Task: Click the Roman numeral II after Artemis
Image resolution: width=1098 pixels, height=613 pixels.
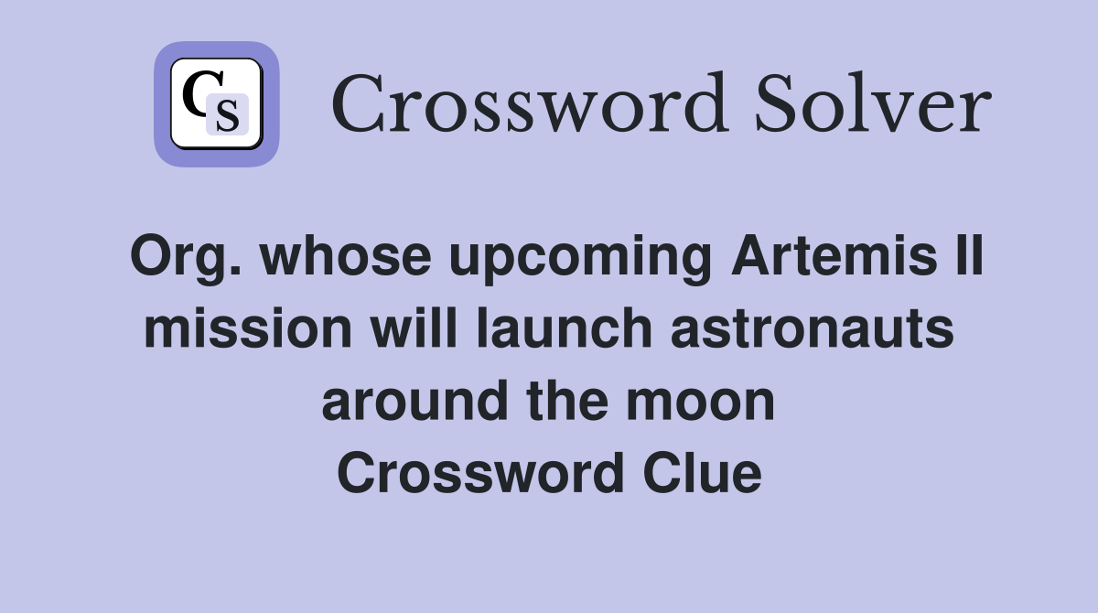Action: [x=968, y=257]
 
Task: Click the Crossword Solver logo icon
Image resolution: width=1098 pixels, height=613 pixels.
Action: [x=217, y=104]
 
